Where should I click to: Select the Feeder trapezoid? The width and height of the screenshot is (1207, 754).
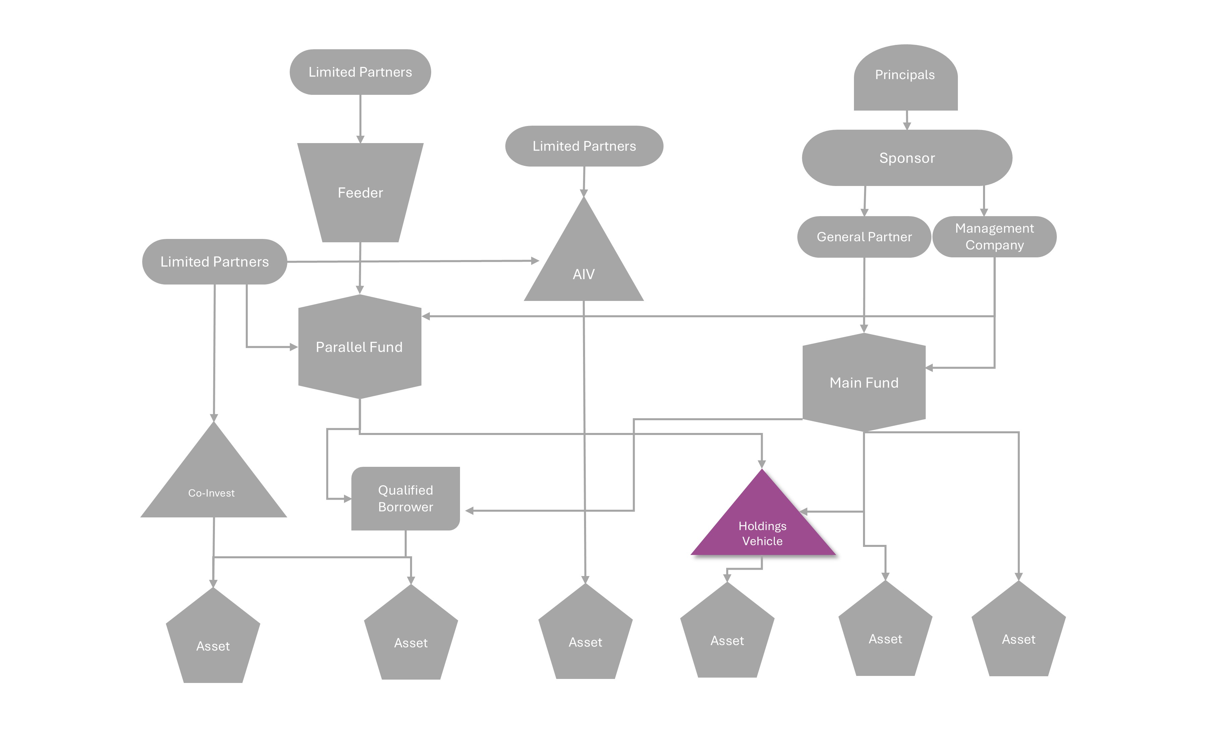[360, 192]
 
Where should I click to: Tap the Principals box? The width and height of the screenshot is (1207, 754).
[905, 77]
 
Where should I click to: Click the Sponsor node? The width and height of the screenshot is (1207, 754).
[907, 158]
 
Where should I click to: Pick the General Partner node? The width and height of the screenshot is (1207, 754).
[864, 237]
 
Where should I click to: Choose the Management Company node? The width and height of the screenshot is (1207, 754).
[994, 237]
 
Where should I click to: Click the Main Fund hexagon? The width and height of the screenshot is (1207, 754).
[864, 382]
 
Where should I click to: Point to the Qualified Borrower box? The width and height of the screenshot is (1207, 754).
[405, 498]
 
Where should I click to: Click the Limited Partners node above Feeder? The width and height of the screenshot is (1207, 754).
[360, 72]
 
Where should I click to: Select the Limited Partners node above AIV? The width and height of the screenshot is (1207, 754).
[584, 146]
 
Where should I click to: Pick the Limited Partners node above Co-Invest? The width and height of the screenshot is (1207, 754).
[215, 262]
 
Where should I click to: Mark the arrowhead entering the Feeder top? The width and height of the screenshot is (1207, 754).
[360, 139]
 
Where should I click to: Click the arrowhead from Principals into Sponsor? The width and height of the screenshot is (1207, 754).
[907, 126]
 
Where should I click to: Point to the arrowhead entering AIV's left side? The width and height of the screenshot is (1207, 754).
[535, 260]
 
